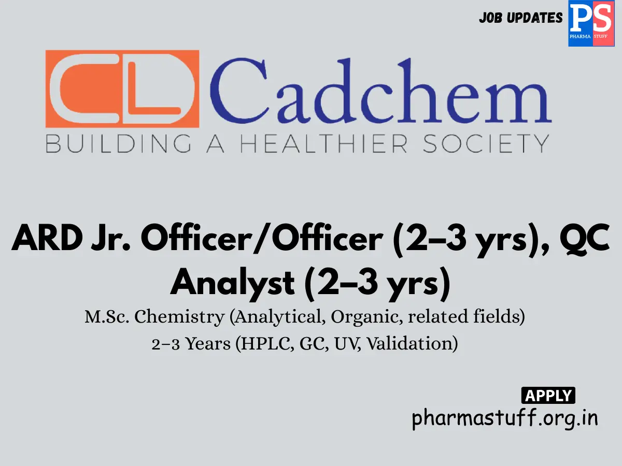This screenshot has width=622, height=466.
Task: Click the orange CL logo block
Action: coord(122,89)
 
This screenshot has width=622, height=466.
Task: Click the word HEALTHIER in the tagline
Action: coord(324,143)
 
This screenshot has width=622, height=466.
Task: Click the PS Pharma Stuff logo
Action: coord(587,24)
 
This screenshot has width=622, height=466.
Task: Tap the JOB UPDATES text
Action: coord(520,18)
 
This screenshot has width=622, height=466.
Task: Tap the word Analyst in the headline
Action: coord(233,283)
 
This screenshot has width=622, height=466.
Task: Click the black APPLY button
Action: coord(548,396)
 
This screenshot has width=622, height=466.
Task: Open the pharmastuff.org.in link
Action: coord(505,418)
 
